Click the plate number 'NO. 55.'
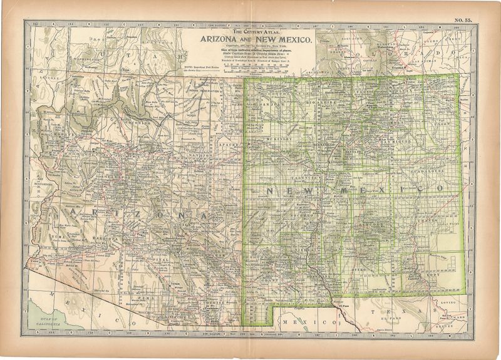[463, 21]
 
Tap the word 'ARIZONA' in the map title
[222, 39]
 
